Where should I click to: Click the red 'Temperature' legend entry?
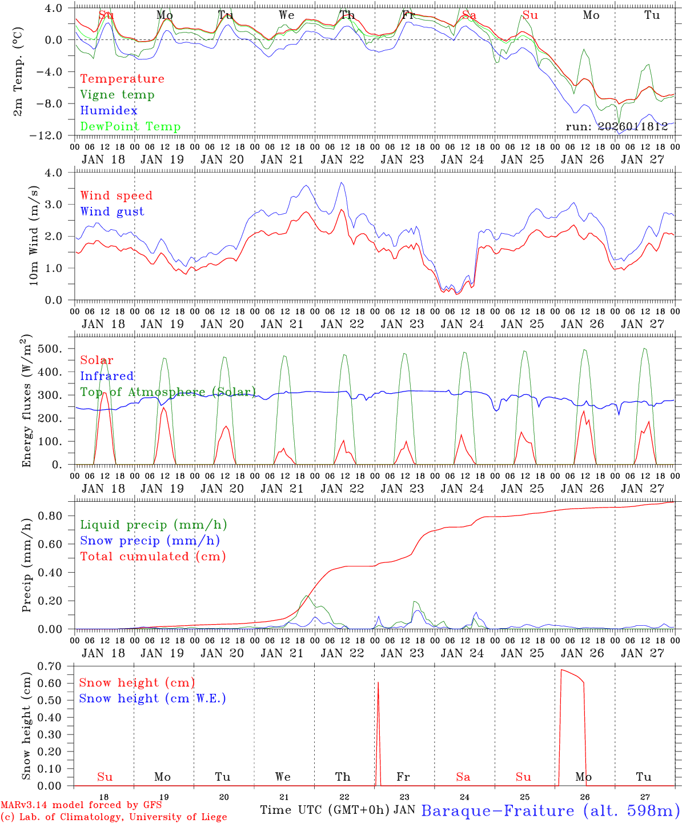click(122, 79)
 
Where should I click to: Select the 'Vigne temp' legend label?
click(117, 95)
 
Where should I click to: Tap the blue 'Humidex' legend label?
click(109, 111)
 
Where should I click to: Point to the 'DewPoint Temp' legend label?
click(130, 126)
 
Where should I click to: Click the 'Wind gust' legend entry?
click(112, 211)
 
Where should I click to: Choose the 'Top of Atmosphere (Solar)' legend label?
click(167, 392)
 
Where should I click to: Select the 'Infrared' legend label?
click(107, 376)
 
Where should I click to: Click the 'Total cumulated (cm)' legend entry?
click(153, 556)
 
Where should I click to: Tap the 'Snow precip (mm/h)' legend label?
click(150, 541)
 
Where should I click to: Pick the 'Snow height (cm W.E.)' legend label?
click(152, 698)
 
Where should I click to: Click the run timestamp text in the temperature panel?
click(616, 127)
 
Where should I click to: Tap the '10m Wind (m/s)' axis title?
click(34, 235)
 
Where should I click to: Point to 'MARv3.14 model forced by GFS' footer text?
click(81, 805)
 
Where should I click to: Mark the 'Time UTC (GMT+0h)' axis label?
click(324, 810)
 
